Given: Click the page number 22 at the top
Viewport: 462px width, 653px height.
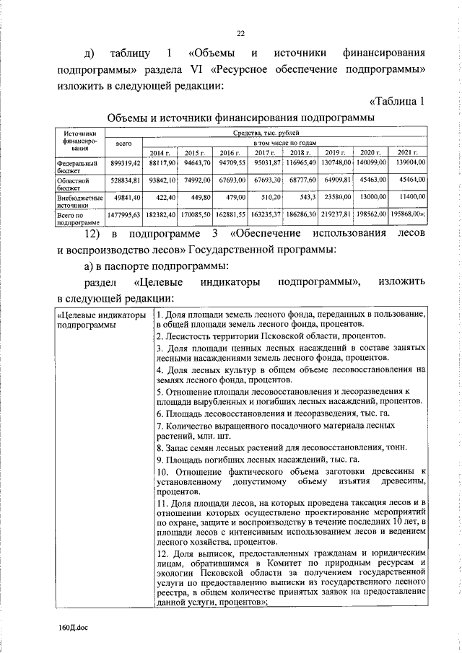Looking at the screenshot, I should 241,32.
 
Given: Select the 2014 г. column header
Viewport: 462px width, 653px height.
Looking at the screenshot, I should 160,153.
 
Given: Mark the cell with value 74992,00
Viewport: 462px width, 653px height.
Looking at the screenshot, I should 195,180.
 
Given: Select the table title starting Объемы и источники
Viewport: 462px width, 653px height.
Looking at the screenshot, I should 240,118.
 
